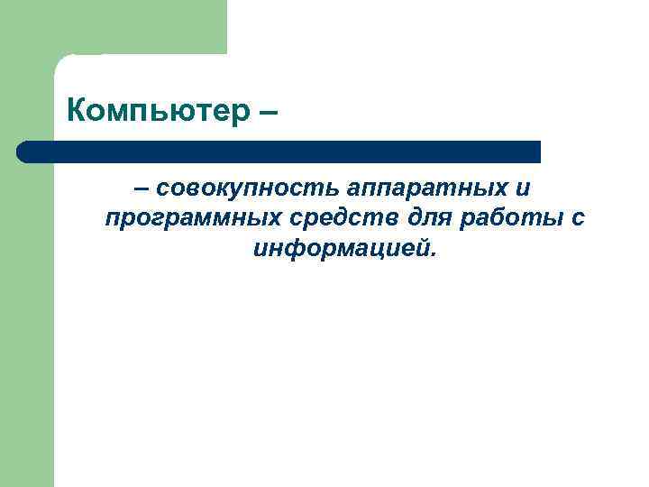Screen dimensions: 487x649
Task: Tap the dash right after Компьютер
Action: click(x=266, y=114)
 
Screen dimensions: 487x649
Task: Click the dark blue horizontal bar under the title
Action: click(x=279, y=152)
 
